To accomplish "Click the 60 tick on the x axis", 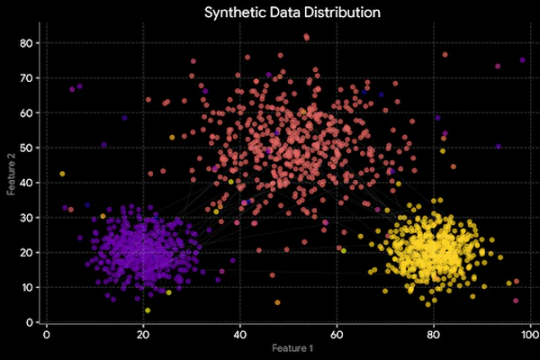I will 337,333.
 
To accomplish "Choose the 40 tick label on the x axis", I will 240,333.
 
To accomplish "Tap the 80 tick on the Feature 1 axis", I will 433,333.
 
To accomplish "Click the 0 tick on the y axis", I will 30,321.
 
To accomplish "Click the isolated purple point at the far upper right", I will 522,60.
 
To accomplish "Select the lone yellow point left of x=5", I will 62,174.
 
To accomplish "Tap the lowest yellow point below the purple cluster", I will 148,310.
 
